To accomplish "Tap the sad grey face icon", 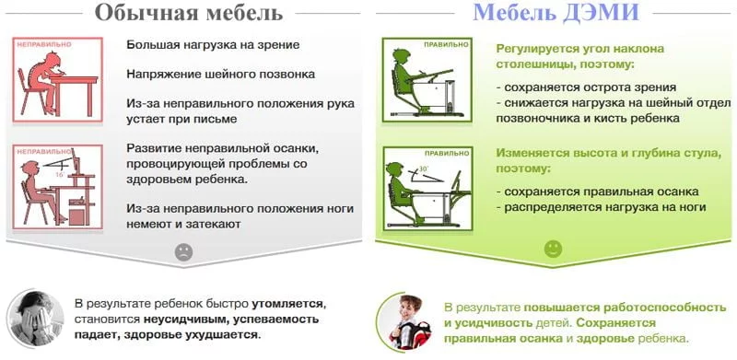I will pyautogui.click(x=184, y=251).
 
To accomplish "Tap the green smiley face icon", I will pyautogui.click(x=553, y=249).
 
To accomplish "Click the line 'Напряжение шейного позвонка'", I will pyautogui.click(x=221, y=74).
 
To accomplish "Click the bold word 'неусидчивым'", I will pyautogui.click(x=181, y=319).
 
